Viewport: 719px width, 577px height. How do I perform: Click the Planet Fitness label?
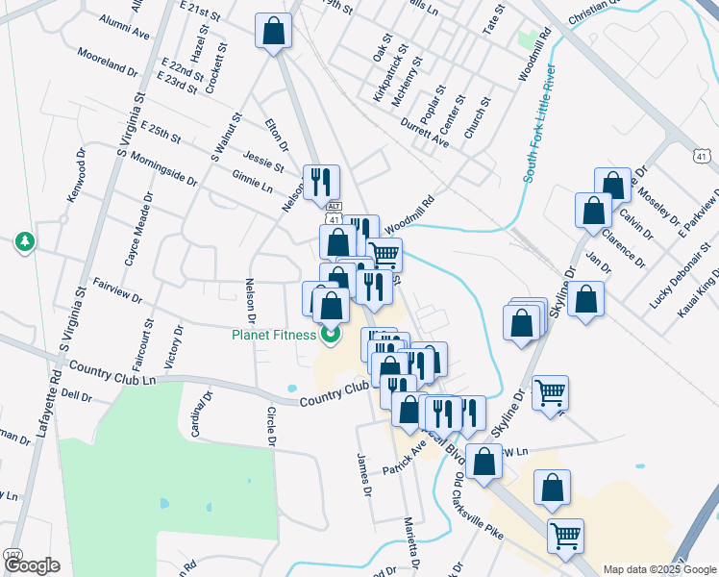tap(274, 335)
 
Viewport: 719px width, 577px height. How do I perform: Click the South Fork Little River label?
tap(539, 123)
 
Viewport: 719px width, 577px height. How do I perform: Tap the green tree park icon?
tap(23, 242)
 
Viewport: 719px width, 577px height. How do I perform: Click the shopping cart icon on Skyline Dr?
tap(550, 390)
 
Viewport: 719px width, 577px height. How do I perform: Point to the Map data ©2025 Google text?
tap(659, 569)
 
